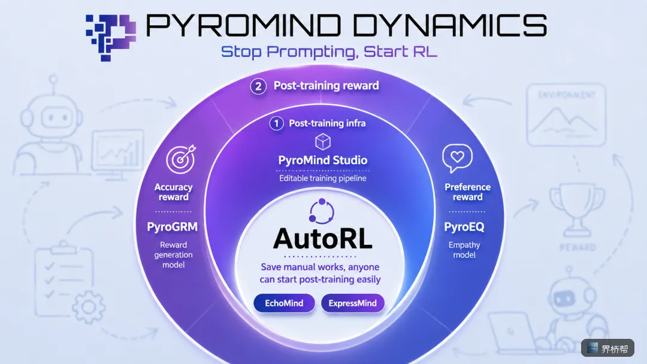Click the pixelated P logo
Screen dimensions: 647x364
[111, 38]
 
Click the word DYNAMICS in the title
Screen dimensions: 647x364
[451, 25]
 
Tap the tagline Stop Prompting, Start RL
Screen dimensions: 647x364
[329, 52]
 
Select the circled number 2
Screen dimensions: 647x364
[258, 86]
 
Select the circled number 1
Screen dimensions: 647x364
[276, 123]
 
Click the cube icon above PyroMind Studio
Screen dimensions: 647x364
[323, 142]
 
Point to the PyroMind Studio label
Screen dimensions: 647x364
[323, 160]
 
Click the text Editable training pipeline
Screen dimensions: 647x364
[323, 178]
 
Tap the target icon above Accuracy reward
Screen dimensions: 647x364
[181, 159]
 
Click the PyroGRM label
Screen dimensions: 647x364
[173, 227]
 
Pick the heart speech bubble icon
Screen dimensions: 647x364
[457, 158]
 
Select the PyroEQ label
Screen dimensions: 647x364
[464, 227]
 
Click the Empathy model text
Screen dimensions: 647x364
[464, 250]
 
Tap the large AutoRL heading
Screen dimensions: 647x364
[323, 239]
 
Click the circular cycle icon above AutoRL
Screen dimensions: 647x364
[322, 211]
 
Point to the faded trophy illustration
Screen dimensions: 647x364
[576, 209]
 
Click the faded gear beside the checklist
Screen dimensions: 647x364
[88, 307]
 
